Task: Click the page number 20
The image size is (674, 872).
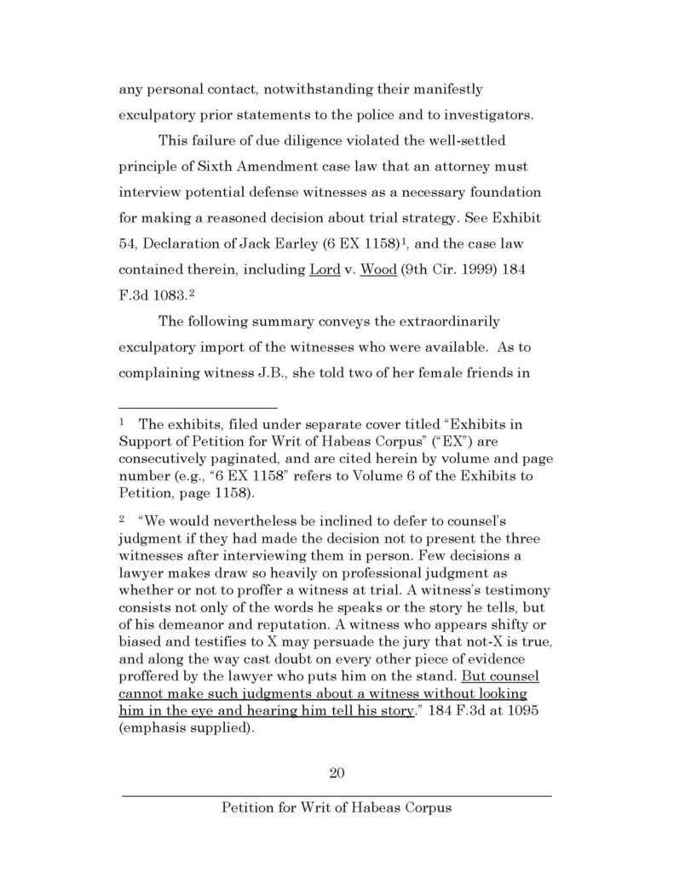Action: tap(336, 773)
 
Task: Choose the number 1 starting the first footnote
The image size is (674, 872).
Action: tap(122, 422)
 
